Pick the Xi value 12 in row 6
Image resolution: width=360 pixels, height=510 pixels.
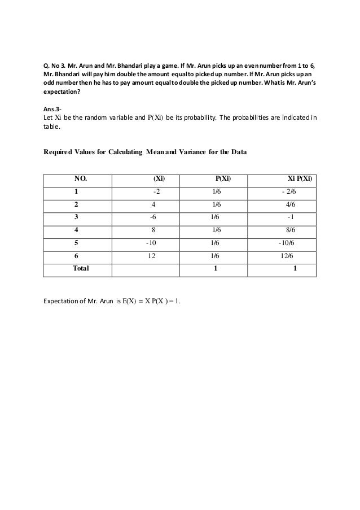point(152,255)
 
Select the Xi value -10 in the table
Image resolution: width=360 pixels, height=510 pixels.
point(151,243)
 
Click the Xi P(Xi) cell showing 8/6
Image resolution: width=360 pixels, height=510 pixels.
point(292,230)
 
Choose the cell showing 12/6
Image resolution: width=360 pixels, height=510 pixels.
point(287,255)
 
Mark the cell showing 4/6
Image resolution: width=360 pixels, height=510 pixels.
point(291,205)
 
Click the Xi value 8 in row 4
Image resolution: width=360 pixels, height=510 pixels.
point(152,230)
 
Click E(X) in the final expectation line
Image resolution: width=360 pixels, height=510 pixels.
point(131,300)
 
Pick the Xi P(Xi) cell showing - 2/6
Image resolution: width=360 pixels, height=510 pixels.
point(291,192)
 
